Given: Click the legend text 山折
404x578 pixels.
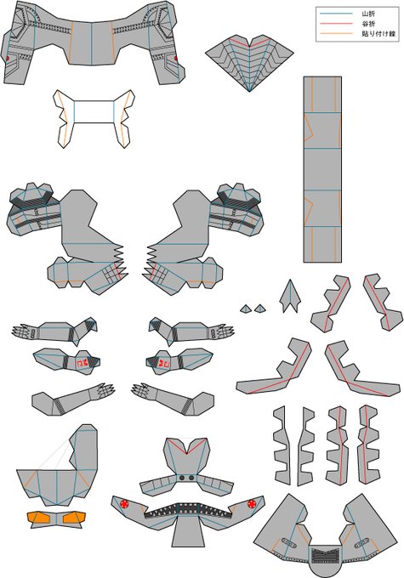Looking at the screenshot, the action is coord(368,14).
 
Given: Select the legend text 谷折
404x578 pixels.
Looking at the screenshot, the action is coord(368,24).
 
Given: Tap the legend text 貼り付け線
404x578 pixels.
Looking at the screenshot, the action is coord(379,33).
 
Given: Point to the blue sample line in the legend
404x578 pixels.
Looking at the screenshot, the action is coord(336,14).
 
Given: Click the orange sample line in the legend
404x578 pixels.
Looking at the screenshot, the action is coord(336,33).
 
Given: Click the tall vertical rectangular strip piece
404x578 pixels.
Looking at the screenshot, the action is coord(322,169).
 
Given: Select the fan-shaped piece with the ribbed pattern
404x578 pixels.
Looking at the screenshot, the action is coord(249,61).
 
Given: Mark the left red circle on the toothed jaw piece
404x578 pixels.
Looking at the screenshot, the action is coord(124,504).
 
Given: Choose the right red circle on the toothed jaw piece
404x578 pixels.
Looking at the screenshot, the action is coord(252,503).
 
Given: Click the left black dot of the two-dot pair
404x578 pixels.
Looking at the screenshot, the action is coord(182,478).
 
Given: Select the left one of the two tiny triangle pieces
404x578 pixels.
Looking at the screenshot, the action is coord(246,309).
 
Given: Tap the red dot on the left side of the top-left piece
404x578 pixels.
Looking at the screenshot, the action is coord(7,59).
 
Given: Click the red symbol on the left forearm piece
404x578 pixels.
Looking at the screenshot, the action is coord(82,363).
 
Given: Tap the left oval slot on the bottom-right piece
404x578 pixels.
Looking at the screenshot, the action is coord(288,542).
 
